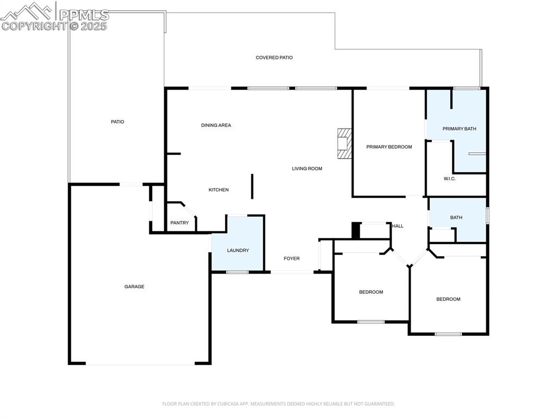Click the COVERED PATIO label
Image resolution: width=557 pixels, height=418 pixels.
pos(274,57)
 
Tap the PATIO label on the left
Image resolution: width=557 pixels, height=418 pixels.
pos(117,122)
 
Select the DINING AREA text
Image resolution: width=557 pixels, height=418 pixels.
pos(216,125)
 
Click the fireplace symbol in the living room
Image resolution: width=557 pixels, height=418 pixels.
pos(344,143)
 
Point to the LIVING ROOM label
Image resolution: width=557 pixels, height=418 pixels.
pos(307,168)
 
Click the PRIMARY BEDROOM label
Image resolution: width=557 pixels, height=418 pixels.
pos(389,147)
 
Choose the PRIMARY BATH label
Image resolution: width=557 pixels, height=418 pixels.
pos(459,129)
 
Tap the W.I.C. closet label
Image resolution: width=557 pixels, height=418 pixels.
pos(449,179)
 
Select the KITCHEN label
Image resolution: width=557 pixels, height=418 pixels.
pos(219,190)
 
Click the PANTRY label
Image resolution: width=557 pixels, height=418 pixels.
pos(180,222)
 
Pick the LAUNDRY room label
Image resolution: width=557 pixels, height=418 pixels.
pos(238,250)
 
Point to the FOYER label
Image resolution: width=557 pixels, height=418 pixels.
pos(292,258)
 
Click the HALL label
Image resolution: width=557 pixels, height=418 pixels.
pos(398,226)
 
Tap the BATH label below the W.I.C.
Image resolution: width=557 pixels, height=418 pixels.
pos(456,217)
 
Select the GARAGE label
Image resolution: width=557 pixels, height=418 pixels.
pos(134,286)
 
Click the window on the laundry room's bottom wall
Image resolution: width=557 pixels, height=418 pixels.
pos(237,271)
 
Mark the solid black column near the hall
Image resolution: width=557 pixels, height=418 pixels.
pos(356,231)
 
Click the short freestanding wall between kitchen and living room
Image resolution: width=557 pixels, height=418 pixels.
pos(252,186)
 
